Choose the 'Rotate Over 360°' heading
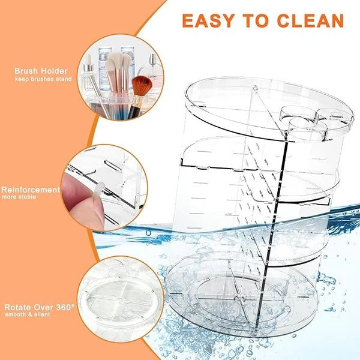tap(38, 306)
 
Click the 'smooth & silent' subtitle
tap(28, 314)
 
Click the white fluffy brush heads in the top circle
tap(118, 61)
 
